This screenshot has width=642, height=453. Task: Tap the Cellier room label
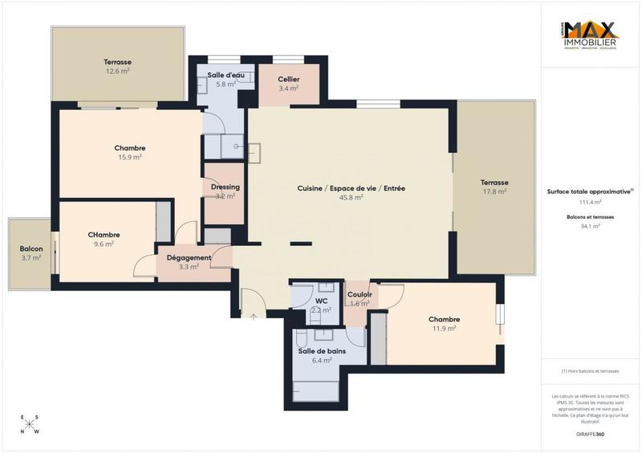289,79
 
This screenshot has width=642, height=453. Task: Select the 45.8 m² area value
351,197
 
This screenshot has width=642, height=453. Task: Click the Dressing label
226,187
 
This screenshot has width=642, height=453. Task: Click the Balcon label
31,249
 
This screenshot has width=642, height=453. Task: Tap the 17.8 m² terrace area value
494,192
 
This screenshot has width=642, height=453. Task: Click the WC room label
322,301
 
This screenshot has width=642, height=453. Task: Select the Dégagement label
189,257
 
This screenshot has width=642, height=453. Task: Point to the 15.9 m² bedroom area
129,157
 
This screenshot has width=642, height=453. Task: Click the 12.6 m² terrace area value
117,71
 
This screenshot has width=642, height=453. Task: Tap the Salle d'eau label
221,75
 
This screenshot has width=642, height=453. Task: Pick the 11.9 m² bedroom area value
444,328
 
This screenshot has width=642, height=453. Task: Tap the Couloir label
359,294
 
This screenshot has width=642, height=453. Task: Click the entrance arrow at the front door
254,318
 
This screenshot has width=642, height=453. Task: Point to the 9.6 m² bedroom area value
104,244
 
